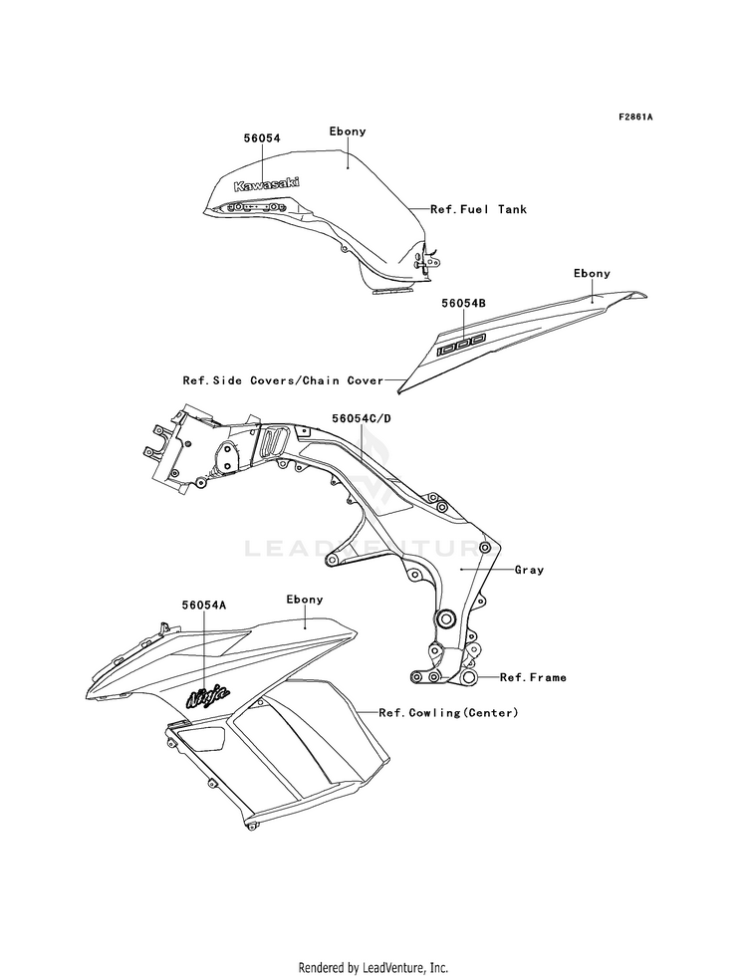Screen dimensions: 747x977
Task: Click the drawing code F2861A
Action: coord(634,117)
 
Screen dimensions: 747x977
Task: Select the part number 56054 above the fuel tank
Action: coord(262,137)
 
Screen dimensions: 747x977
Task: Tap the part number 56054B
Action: coord(463,303)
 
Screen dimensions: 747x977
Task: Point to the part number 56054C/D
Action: coord(362,418)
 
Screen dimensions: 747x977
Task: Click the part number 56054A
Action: coord(204,605)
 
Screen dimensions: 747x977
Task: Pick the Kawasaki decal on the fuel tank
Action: coord(266,184)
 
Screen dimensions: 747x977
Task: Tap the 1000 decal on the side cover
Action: coord(461,345)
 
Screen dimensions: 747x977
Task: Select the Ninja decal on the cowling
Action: coord(208,696)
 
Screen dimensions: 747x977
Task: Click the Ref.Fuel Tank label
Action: coord(478,209)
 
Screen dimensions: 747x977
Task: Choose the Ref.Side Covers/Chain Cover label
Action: coord(283,380)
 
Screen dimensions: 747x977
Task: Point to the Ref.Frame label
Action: coord(533,677)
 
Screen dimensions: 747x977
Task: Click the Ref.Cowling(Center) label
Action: coord(448,712)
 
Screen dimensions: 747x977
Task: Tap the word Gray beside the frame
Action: coord(529,570)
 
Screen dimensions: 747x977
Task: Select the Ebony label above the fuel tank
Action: coord(348,131)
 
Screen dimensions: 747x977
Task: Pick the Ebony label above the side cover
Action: coord(592,274)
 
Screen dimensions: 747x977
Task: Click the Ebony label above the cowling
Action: coord(305,600)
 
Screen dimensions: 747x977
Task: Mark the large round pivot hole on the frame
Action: coord(446,619)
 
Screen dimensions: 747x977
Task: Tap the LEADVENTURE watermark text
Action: coord(372,549)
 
